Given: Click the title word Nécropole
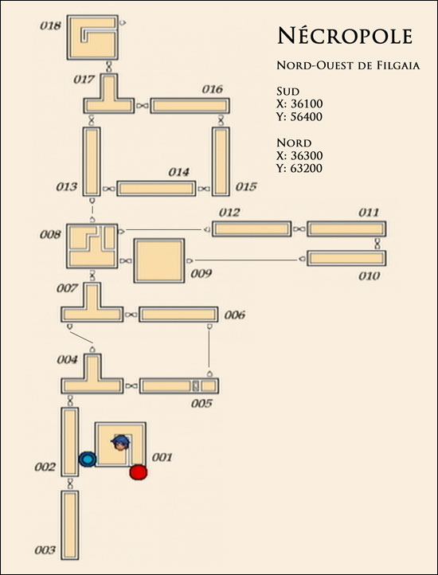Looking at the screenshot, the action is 345,36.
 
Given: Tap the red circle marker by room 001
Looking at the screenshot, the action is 139,472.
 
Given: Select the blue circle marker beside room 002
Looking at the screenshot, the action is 88,459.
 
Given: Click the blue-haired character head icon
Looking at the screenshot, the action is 120,442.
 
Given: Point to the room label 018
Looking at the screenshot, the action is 50,26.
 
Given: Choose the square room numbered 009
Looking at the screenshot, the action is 159,260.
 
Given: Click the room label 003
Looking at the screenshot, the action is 45,550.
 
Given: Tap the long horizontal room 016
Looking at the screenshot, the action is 190,106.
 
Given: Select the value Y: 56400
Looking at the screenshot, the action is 299,117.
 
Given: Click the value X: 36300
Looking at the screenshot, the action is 299,155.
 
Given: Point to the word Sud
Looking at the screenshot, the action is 288,91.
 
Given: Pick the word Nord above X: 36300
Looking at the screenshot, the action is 294,143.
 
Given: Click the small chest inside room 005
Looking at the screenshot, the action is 196,385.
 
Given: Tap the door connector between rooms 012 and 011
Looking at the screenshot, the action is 299,229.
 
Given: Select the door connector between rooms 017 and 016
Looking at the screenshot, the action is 143,106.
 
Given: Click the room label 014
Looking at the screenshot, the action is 178,172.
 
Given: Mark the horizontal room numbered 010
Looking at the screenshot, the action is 346,258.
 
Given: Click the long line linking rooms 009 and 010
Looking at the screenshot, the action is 246,260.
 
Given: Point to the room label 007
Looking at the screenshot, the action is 67,288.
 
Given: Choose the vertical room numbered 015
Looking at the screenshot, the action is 221,162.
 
